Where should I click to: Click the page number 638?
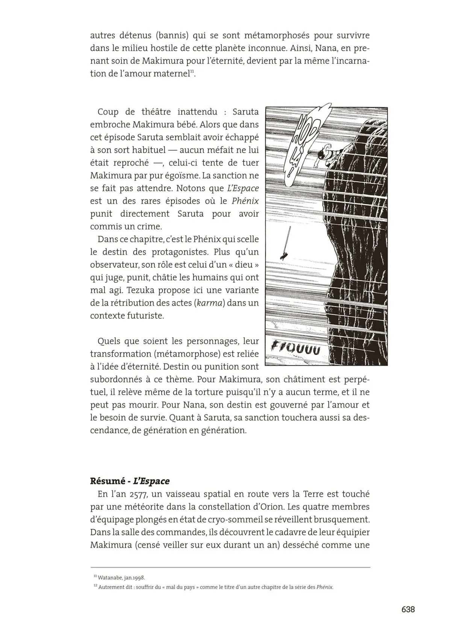click(408, 609)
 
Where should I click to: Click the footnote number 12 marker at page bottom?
click(95, 586)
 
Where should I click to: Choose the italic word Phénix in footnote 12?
click(325, 587)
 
